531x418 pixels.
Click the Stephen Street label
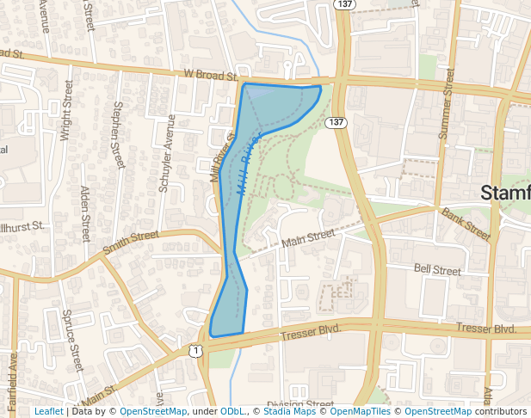coord(118,133)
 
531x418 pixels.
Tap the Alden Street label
coord(84,214)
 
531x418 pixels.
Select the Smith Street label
coord(131,242)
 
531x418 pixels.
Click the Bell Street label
coord(437,270)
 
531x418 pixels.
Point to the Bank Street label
coord(465,224)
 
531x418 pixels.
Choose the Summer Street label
coord(445,104)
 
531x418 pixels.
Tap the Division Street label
coord(299,404)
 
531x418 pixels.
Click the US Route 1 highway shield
coord(197,350)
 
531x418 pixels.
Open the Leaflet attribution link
coord(48,412)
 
